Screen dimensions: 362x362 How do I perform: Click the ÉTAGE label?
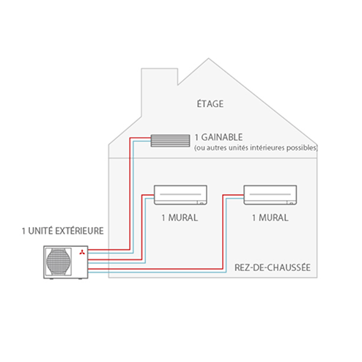pyautogui.click(x=210, y=103)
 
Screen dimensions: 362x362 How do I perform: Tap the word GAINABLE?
pyautogui.click(x=222, y=137)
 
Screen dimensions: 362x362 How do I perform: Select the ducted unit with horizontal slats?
pyautogui.click(x=170, y=141)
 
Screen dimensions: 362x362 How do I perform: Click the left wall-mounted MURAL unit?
pyautogui.click(x=180, y=195)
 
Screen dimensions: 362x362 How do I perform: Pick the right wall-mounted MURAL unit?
pyautogui.click(x=270, y=195)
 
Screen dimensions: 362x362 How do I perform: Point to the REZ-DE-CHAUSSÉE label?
pyautogui.click(x=273, y=267)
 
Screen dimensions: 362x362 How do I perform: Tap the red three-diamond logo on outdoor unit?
pyautogui.click(x=82, y=252)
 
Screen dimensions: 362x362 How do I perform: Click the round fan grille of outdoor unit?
pyautogui.click(x=59, y=262)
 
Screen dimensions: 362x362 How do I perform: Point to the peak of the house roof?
pyautogui.click(x=208, y=59)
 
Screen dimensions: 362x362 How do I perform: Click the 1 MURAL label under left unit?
pyautogui.click(x=180, y=218)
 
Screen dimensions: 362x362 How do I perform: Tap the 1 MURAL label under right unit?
pyautogui.click(x=270, y=218)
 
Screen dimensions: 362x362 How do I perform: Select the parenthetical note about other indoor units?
pyautogui.click(x=256, y=148)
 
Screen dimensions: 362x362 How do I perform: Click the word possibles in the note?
pyautogui.click(x=301, y=148)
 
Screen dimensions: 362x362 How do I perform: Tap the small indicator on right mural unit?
pyautogui.click(x=291, y=203)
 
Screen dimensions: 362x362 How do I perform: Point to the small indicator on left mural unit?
pyautogui.click(x=201, y=203)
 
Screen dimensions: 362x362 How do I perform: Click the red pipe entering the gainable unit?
pyautogui.click(x=130, y=193)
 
